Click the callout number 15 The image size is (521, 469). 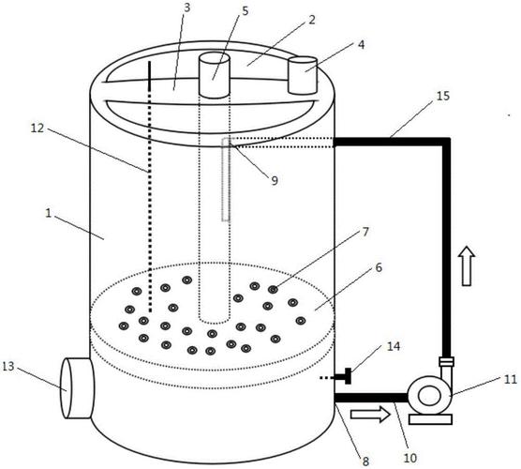(442, 96)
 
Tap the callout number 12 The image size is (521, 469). (37, 128)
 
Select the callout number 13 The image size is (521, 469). (8, 366)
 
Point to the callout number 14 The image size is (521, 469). (394, 346)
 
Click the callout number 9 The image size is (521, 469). (275, 180)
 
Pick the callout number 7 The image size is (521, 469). (365, 232)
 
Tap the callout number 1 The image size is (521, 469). (49, 213)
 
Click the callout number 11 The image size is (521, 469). (511, 379)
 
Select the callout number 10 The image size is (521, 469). (410, 458)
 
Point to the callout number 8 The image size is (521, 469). (365, 461)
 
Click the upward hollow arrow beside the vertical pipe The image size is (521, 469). (467, 265)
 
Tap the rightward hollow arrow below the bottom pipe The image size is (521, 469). (370, 415)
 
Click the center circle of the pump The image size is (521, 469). (429, 396)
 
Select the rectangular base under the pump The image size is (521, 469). (430, 419)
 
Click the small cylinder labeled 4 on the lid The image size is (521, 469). (303, 75)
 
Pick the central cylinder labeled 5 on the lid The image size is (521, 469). (215, 75)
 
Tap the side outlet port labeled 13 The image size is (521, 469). (77, 387)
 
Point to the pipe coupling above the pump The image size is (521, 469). (446, 361)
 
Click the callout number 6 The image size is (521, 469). (379, 267)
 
